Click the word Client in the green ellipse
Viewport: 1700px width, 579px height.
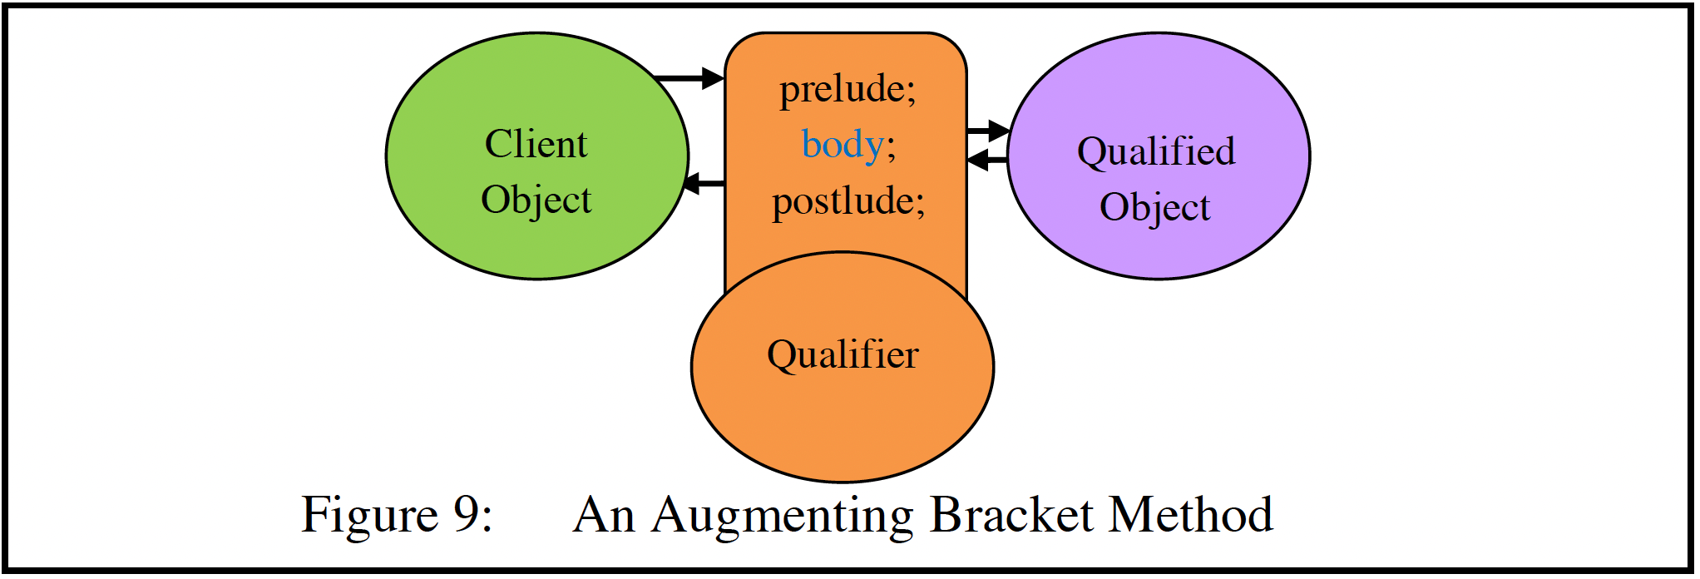(x=536, y=144)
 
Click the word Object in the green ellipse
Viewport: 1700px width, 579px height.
(x=536, y=200)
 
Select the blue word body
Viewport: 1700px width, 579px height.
(x=842, y=145)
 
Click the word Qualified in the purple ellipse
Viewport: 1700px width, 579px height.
(x=1156, y=151)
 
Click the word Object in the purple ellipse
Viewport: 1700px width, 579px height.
(x=1154, y=207)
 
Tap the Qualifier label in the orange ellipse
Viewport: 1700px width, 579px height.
(x=843, y=354)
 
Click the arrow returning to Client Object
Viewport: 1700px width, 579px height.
(x=704, y=183)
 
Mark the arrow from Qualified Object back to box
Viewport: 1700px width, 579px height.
(x=988, y=160)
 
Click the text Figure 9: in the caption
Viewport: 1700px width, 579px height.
(x=397, y=514)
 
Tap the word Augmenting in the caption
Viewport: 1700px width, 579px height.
(x=782, y=516)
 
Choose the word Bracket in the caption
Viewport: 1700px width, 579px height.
(x=1011, y=514)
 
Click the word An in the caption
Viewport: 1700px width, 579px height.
(x=605, y=514)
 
